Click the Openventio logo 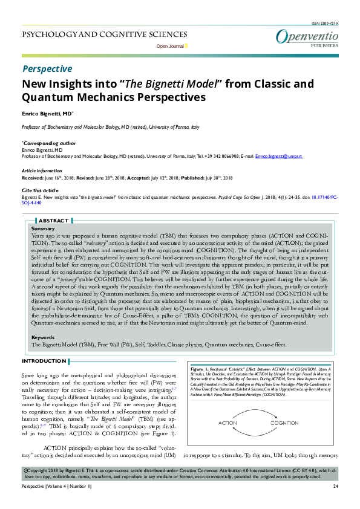click(x=307, y=37)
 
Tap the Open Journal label click(x=170, y=46)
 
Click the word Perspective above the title click(x=47, y=69)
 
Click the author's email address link click(x=278, y=156)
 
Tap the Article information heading click(x=41, y=171)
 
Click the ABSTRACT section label click(x=54, y=221)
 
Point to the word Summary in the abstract click(x=43, y=229)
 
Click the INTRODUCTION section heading click(x=44, y=361)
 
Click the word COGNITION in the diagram click(x=286, y=423)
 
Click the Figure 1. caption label click(x=199, y=368)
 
